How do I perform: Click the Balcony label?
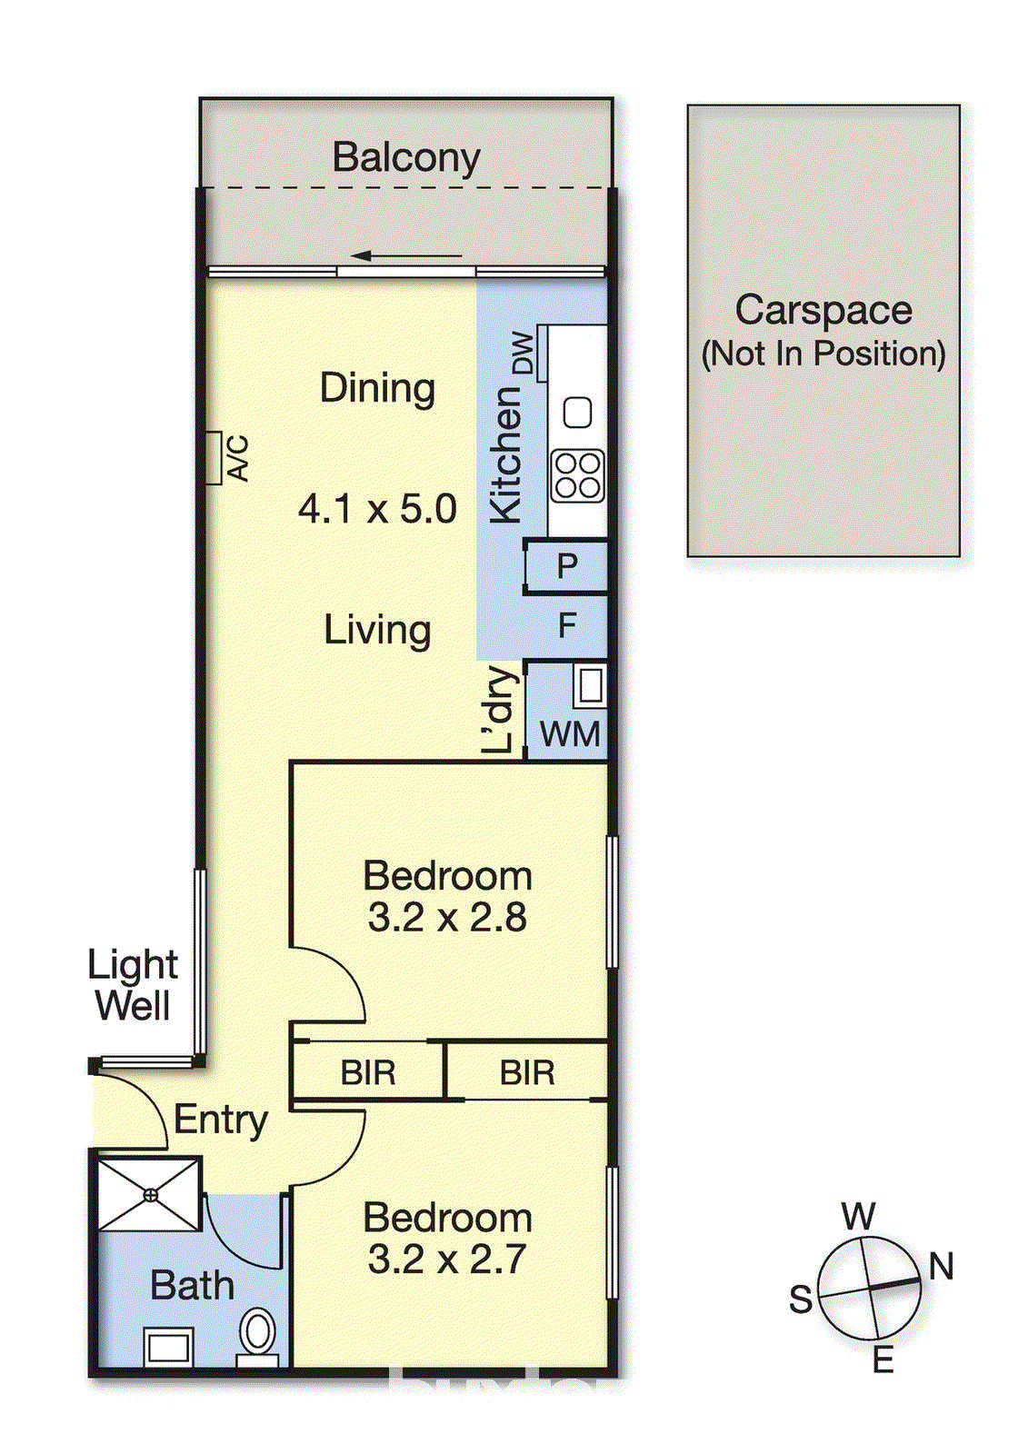(x=406, y=157)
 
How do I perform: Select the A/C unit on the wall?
(x=214, y=458)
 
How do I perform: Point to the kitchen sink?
(x=578, y=413)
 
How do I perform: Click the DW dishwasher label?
(x=523, y=353)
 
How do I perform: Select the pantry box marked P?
(x=567, y=566)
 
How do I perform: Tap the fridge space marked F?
(x=567, y=625)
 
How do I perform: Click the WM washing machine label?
(x=570, y=734)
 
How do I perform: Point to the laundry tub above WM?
(x=590, y=686)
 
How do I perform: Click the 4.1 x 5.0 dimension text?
(x=377, y=509)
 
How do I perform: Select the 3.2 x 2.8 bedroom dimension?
(x=447, y=918)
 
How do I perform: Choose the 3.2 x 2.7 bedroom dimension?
(x=447, y=1260)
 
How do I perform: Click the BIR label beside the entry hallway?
(x=368, y=1073)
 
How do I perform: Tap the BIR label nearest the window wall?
(x=527, y=1073)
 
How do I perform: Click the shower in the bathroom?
(x=150, y=1194)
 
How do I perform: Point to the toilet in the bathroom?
(x=258, y=1334)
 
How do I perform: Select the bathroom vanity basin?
(x=169, y=1346)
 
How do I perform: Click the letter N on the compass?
(x=942, y=1266)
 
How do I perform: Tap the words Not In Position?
(x=823, y=354)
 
